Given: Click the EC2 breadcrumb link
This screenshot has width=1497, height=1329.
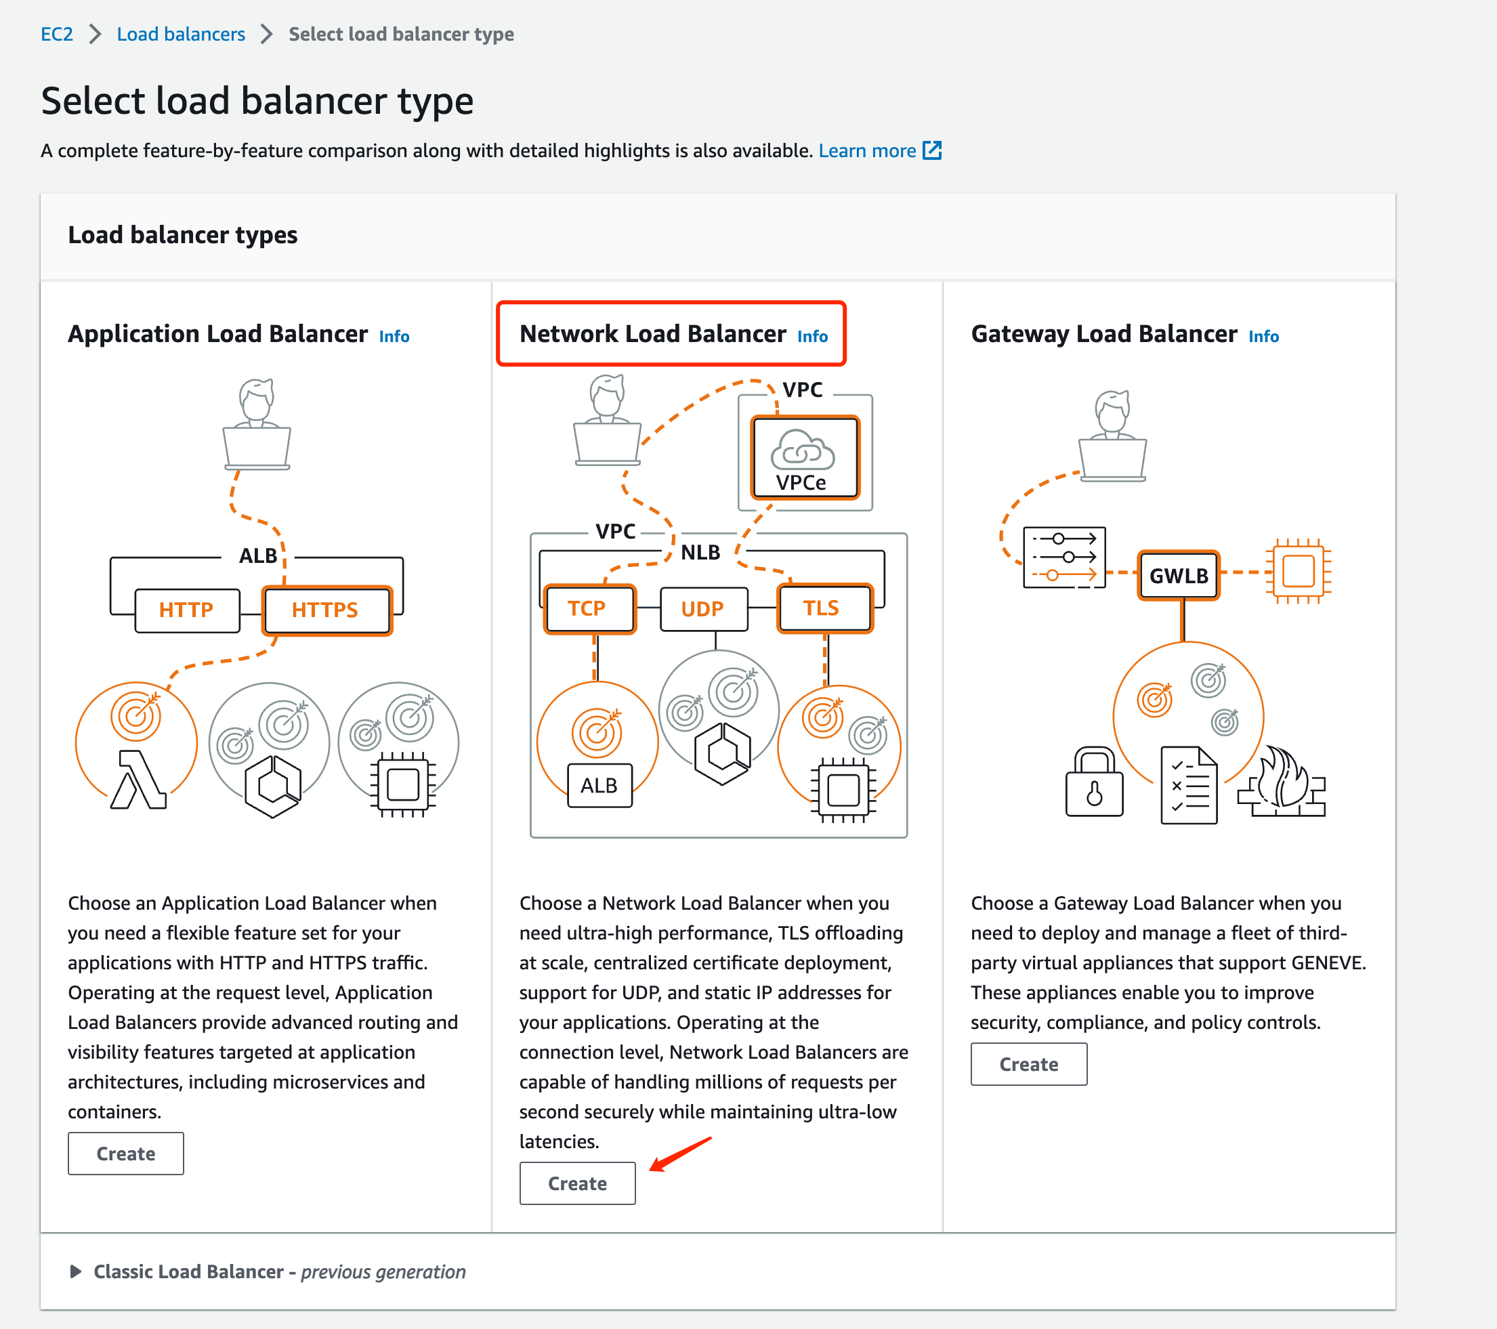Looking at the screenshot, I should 56,35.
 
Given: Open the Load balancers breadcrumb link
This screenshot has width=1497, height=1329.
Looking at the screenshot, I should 181,35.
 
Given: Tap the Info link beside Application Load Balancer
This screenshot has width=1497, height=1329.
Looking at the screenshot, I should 394,336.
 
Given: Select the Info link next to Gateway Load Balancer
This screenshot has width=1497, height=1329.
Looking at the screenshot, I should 1263,336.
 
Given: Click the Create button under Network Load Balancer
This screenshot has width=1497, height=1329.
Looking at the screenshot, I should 577,1183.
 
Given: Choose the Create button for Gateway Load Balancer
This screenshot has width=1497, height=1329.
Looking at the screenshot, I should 1028,1064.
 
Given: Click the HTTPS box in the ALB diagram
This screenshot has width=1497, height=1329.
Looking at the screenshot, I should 326,610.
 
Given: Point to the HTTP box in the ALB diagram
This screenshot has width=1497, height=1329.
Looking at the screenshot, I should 187,610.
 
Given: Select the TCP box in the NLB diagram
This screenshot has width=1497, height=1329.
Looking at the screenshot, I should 588,608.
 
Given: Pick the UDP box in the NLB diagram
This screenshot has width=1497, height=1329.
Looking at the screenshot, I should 703,608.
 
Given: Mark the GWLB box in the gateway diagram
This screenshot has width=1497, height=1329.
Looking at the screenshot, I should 1179,576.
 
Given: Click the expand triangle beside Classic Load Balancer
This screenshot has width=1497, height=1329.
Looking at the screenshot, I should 75,1271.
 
